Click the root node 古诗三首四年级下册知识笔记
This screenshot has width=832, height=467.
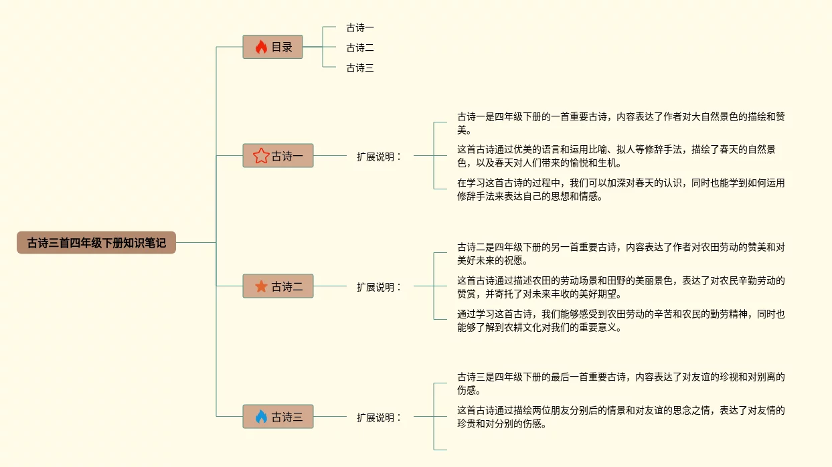coord(96,243)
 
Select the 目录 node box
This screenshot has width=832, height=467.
coord(273,48)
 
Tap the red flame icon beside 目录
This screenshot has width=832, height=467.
coord(261,48)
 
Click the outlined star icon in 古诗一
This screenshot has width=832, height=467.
coord(260,156)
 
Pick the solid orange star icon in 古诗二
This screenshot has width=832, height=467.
coord(261,286)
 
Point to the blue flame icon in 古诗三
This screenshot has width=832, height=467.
coord(261,417)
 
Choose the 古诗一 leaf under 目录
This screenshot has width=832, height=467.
coord(360,27)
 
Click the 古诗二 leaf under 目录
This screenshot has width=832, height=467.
coord(360,48)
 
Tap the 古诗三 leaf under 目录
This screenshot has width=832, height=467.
coord(360,68)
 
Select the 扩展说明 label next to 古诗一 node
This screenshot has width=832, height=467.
coord(379,157)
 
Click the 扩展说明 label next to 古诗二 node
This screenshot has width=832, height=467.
coord(379,287)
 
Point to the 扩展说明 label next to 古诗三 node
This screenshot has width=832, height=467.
coord(379,417)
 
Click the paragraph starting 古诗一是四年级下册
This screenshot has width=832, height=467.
coord(620,123)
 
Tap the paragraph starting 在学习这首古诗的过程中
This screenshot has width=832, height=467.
coord(620,189)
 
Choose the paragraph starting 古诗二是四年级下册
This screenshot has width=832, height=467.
coord(620,254)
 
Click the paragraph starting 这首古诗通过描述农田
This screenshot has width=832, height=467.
coord(620,286)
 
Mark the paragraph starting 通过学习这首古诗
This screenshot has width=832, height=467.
coord(620,320)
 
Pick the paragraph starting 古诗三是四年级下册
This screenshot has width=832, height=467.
coord(620,383)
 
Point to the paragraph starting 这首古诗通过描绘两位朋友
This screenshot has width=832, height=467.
coord(620,416)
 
